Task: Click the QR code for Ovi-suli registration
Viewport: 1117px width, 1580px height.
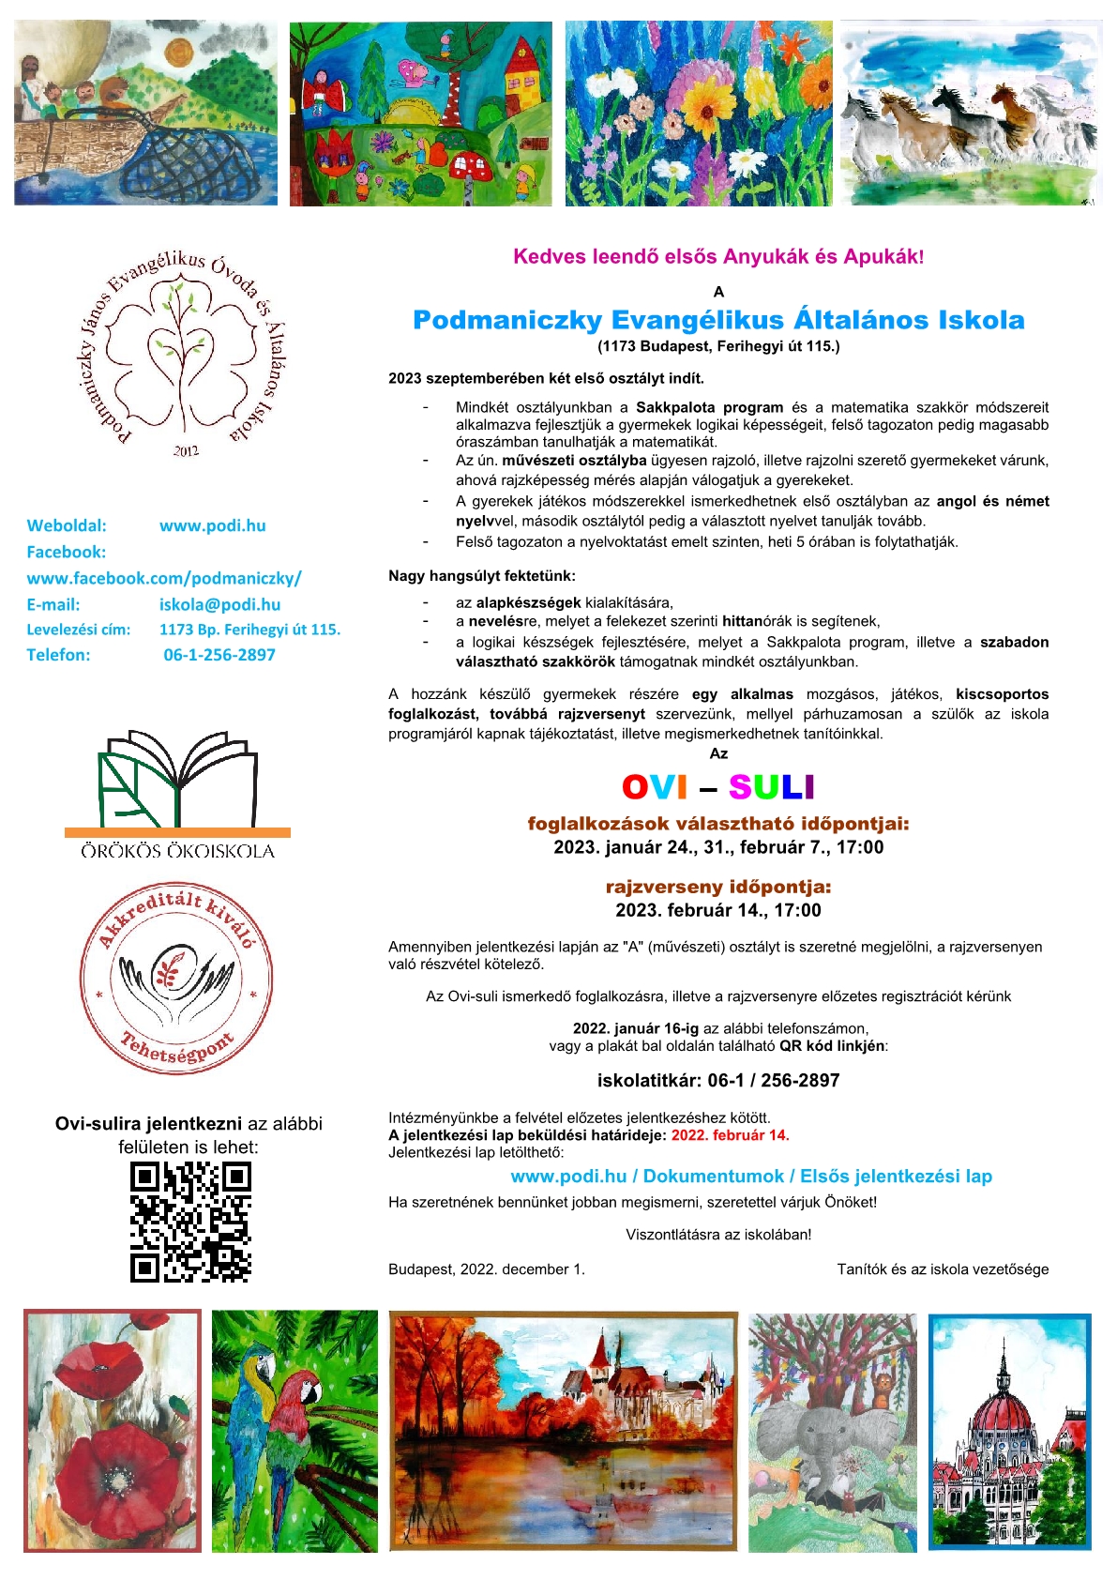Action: pos(190,1222)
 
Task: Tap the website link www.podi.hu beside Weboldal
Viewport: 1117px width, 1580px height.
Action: pos(213,525)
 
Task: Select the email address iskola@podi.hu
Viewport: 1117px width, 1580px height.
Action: pos(219,605)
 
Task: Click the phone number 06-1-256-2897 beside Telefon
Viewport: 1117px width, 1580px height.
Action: pos(219,655)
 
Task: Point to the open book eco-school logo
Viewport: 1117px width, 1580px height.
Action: pos(178,779)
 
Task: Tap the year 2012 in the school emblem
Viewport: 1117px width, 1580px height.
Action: pos(186,451)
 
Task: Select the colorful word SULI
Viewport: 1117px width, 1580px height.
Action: pos(771,787)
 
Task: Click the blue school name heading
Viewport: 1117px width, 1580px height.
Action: pos(718,320)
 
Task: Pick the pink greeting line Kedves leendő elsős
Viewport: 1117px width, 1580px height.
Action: pos(718,257)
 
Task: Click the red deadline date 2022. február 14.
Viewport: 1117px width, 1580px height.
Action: pos(730,1135)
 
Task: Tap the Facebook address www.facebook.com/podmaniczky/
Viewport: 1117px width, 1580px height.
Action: pos(164,579)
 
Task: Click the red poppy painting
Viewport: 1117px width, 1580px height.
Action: pos(113,1431)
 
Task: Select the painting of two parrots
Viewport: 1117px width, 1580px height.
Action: pos(294,1431)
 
